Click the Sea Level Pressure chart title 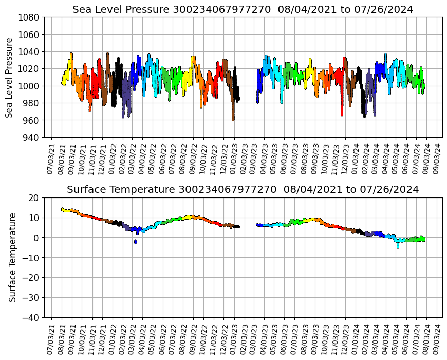pos(243,10)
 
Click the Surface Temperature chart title pos(243,190)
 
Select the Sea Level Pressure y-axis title pos(10,77)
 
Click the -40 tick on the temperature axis pos(31,317)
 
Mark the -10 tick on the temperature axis pos(31,257)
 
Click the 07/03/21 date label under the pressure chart pos(50,157)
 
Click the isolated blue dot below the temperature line pos(136,241)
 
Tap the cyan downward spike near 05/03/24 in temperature pos(397,246)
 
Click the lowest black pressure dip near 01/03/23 pos(233,119)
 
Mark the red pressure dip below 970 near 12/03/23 pos(342,114)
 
